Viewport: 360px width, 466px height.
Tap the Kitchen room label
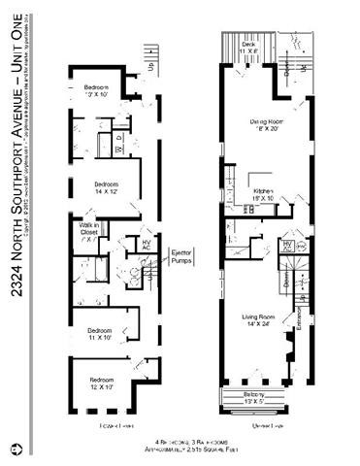264,194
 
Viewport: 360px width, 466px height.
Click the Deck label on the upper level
248,45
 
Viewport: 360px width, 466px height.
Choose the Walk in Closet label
90,229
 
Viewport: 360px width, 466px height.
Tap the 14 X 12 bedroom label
105,187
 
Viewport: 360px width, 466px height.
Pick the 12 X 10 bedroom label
102,382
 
